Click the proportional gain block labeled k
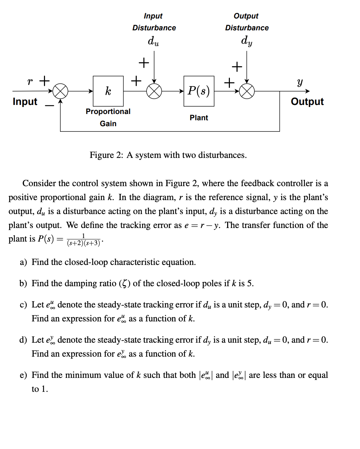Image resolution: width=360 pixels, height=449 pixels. pyautogui.click(x=108, y=91)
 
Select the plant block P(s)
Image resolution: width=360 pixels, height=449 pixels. pyautogui.click(x=199, y=91)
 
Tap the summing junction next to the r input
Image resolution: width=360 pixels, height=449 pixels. pyautogui.click(x=60, y=91)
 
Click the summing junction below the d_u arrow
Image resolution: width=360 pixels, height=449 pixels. pyautogui.click(x=154, y=91)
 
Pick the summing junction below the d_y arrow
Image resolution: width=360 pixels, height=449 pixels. pyautogui.click(x=247, y=91)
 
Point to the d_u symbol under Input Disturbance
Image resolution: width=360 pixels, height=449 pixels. pyautogui.click(x=153, y=41)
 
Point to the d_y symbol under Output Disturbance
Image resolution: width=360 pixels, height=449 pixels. pyautogui.click(x=247, y=41)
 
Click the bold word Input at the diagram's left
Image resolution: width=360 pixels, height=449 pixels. pyautogui.click(x=25, y=101)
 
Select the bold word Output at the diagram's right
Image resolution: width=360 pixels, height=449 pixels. pyautogui.click(x=307, y=101)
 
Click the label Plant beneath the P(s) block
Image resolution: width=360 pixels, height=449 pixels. pyautogui.click(x=199, y=118)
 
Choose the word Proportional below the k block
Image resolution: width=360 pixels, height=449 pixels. pyautogui.click(x=108, y=112)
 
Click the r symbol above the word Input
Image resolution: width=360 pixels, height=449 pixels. pyautogui.click(x=30, y=82)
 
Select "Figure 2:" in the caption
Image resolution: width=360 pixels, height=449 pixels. pyautogui.click(x=106, y=155)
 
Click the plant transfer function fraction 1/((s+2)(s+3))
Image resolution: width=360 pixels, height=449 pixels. pyautogui.click(x=83, y=240)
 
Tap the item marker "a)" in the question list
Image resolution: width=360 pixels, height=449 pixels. pyautogui.click(x=23, y=262)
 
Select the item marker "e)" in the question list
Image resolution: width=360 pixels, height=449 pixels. pyautogui.click(x=23, y=375)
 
